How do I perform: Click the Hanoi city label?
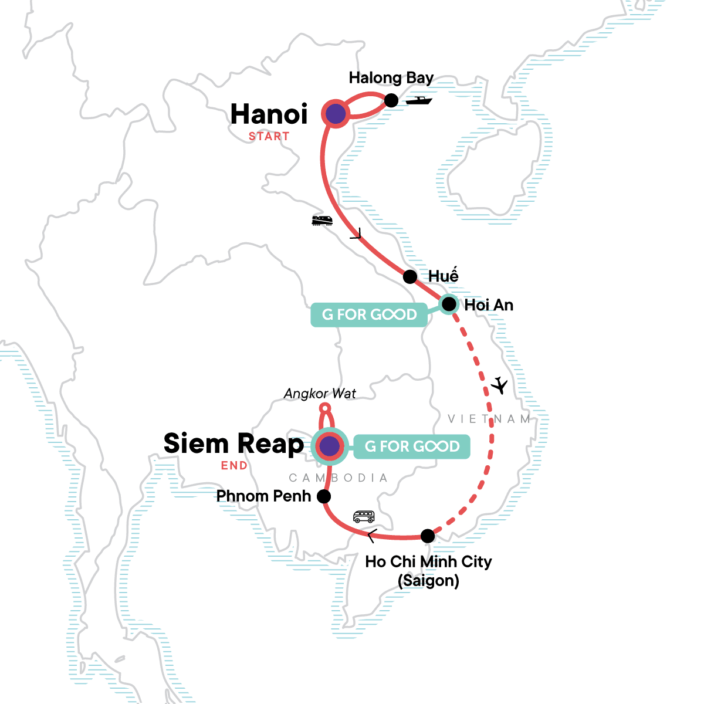(269, 114)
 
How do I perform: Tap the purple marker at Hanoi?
(336, 114)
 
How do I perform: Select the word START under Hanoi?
(269, 137)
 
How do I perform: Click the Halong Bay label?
(391, 78)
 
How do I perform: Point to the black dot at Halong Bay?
(391, 100)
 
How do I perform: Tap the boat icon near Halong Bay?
(419, 100)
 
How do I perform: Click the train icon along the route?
(322, 221)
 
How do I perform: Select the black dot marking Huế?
(410, 276)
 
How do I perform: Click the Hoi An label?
(489, 305)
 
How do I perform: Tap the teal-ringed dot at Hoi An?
(449, 304)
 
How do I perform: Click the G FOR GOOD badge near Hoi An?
(370, 315)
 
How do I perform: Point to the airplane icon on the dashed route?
(499, 385)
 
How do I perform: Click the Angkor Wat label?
(320, 394)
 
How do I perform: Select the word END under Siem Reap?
(234, 466)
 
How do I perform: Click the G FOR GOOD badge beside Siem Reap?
(412, 446)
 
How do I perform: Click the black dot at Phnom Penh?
(323, 497)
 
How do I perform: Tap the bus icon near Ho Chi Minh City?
(364, 517)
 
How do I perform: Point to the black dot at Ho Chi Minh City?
(428, 536)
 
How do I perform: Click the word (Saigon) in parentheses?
(428, 581)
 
